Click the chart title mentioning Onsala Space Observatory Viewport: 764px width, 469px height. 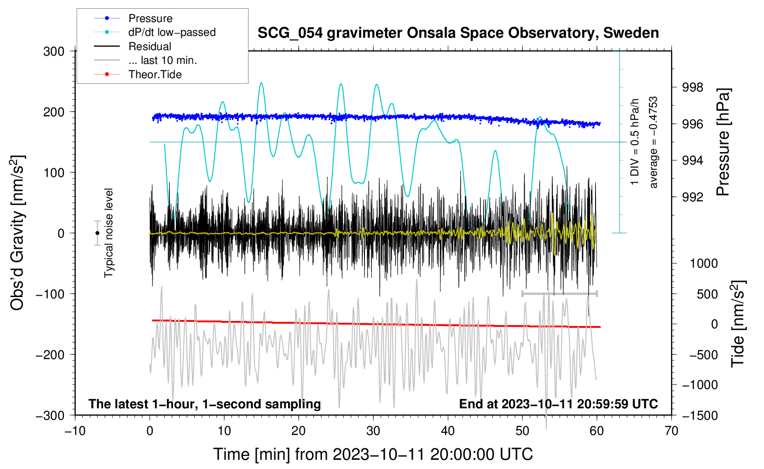[x=458, y=33]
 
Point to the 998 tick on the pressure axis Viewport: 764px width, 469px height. [x=692, y=87]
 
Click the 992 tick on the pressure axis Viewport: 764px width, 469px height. [x=692, y=197]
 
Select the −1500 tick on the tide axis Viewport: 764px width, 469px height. [x=700, y=416]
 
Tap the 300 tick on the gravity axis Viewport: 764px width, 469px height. [x=54, y=51]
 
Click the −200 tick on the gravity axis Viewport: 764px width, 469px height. [x=52, y=355]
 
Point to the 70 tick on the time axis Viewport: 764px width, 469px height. [x=671, y=431]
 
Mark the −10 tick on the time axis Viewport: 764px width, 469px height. [x=75, y=431]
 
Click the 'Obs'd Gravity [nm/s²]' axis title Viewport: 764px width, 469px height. [x=17, y=233]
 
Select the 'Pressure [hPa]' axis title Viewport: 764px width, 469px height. [x=723, y=143]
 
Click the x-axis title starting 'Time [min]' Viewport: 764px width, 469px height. [x=373, y=454]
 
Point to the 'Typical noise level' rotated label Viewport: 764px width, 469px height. [x=109, y=233]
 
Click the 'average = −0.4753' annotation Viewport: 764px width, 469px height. [x=654, y=143]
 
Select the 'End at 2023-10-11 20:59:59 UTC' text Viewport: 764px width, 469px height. [x=558, y=404]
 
